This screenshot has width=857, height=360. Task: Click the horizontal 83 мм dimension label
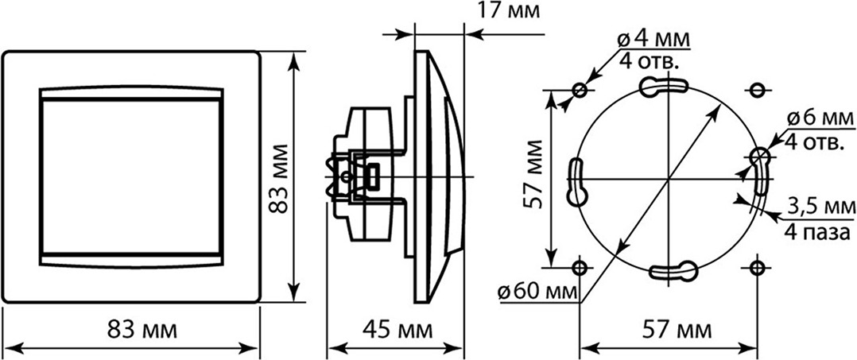pyautogui.click(x=142, y=330)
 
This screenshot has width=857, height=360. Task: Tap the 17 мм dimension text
pyautogui.click(x=508, y=10)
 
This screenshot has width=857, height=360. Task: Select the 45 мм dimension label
pyautogui.click(x=397, y=330)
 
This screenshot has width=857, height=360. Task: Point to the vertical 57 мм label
pyautogui.click(x=532, y=175)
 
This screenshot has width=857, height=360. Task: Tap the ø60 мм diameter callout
pyautogui.click(x=537, y=292)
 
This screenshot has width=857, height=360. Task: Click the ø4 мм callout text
pyautogui.click(x=653, y=39)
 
